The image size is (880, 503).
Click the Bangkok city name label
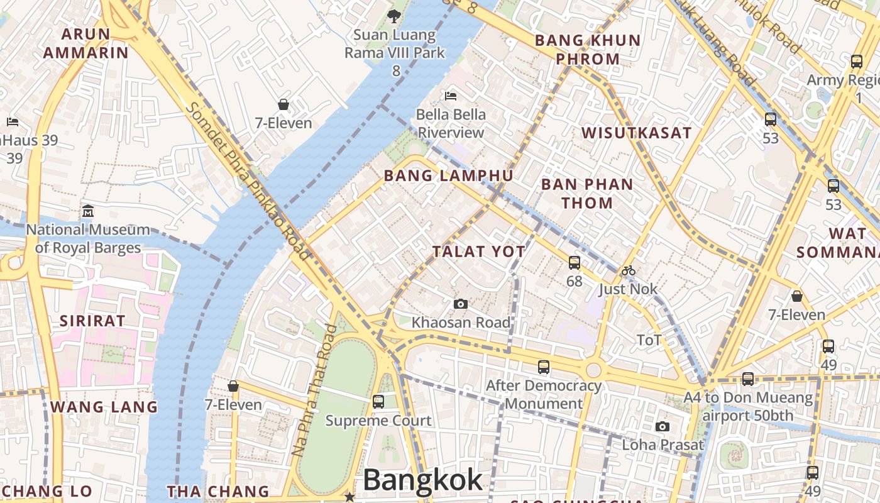pyautogui.click(x=422, y=480)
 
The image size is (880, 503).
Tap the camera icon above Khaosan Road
pyautogui.click(x=461, y=304)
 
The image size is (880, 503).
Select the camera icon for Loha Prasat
pyautogui.click(x=662, y=427)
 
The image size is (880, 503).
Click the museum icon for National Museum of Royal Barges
pyautogui.click(x=88, y=211)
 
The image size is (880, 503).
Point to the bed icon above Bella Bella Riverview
pyautogui.click(x=451, y=96)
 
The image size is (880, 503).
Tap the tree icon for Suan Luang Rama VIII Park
pyautogui.click(x=394, y=16)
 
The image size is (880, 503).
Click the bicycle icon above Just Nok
pyautogui.click(x=628, y=271)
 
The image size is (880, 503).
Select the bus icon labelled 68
pyautogui.click(x=575, y=263)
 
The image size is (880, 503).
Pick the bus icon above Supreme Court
pyautogui.click(x=378, y=401)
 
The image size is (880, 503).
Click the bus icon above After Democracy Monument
pyautogui.click(x=544, y=367)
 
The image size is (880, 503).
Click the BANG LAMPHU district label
pyautogui.click(x=448, y=175)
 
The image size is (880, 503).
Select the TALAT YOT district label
pyautogui.click(x=478, y=251)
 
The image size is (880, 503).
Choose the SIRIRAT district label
pyautogui.click(x=92, y=321)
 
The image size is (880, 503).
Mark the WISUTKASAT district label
pyautogui.click(x=636, y=133)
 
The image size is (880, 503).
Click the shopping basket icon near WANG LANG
pyautogui.click(x=233, y=386)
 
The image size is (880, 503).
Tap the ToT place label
pyautogui.click(x=649, y=340)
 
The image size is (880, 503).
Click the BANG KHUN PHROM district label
pyautogui.click(x=588, y=50)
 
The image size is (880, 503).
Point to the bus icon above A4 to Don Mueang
pyautogui.click(x=748, y=379)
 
